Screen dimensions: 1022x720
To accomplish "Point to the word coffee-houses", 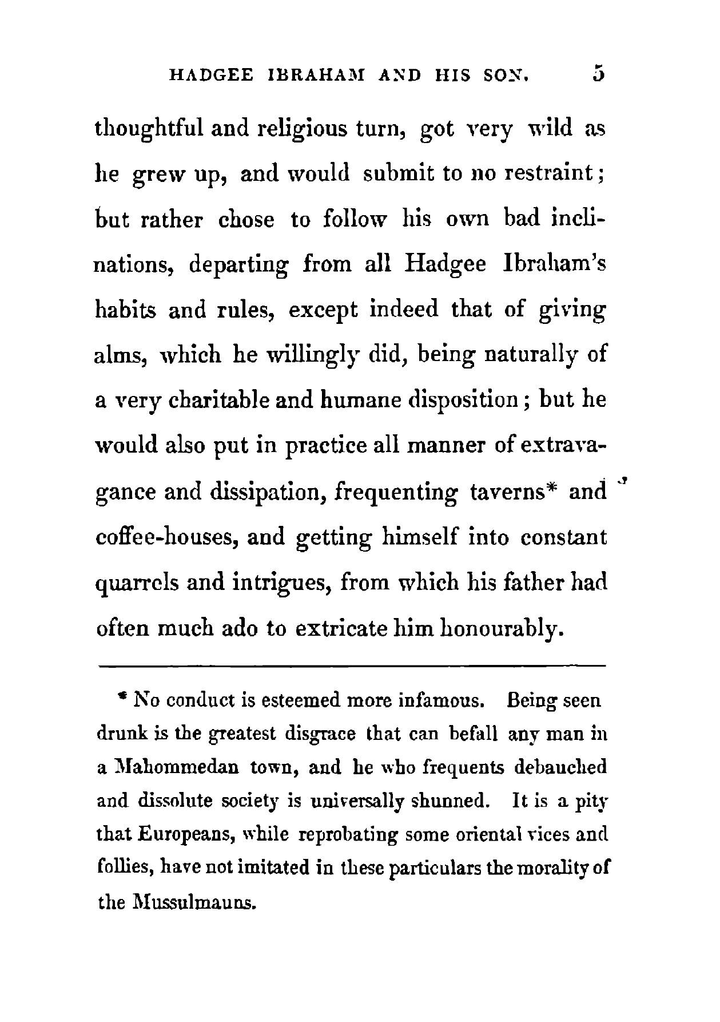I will [x=166, y=538].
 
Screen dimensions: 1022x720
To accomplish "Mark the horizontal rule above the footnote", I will [x=352, y=666].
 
